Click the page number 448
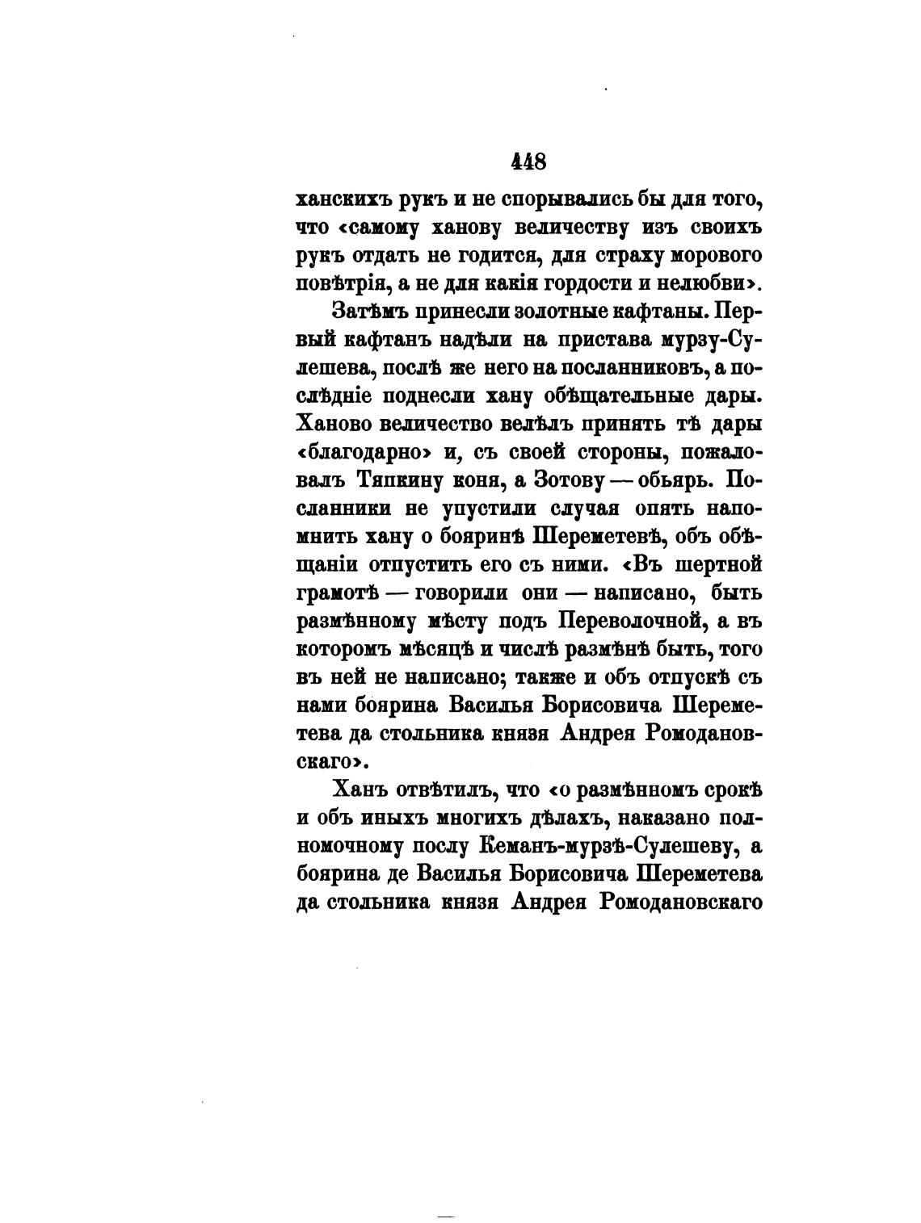coord(529,161)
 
